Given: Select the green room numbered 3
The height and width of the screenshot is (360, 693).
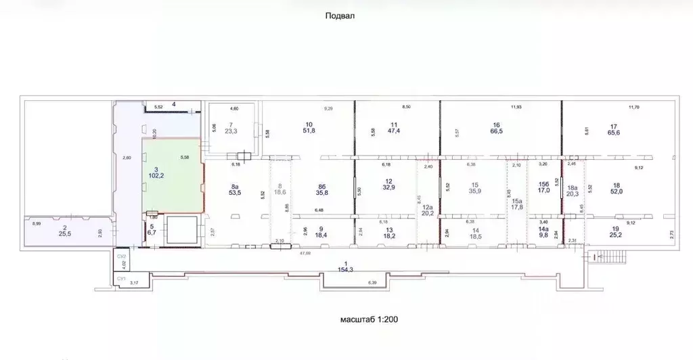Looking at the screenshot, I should [171, 174].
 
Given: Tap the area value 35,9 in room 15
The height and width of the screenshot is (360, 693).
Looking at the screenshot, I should [475, 192].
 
